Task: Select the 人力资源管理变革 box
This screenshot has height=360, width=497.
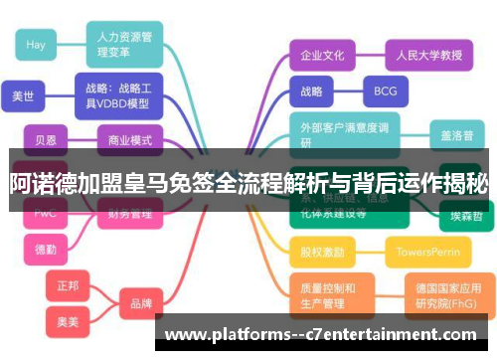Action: pos(124,44)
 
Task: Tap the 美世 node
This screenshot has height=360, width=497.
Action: pos(22,97)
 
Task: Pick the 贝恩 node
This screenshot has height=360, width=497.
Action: pos(47,140)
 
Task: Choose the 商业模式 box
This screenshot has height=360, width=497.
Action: pos(130,140)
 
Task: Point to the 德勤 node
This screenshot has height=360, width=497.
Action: pos(46,248)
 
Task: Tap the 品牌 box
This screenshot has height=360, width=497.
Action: pos(141,303)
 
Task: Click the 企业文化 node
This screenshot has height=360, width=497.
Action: pos(322,55)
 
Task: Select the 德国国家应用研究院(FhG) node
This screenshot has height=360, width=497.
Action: pos(445,293)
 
